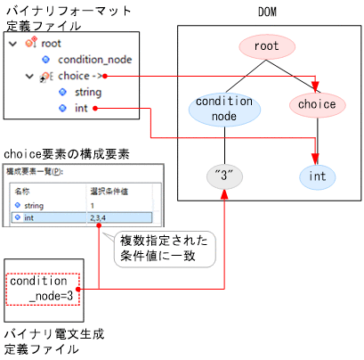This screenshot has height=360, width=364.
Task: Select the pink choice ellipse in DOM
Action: pyautogui.click(x=316, y=104)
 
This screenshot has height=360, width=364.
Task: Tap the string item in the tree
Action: pyautogui.click(x=87, y=92)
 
